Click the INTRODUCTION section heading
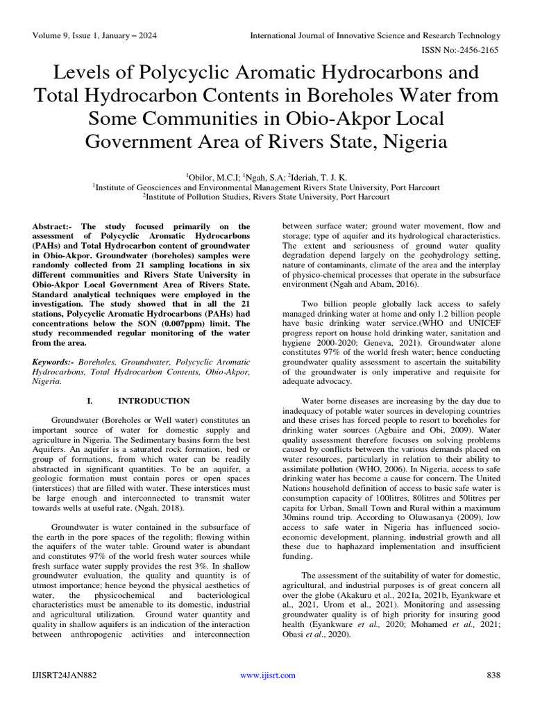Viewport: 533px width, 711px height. pos(153,401)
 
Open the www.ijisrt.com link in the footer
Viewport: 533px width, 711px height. pos(267,676)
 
